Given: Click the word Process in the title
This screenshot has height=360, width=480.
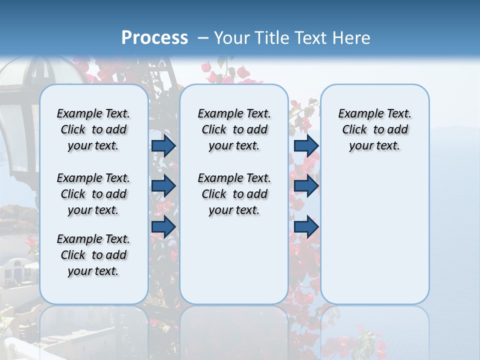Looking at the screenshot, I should [154, 37].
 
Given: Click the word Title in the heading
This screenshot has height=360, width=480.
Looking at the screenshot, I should [273, 38].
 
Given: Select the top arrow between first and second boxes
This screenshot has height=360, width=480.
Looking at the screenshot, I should [163, 146].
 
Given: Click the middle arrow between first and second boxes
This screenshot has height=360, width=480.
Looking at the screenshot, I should [163, 186].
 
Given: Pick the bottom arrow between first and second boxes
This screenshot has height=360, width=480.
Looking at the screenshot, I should [163, 226].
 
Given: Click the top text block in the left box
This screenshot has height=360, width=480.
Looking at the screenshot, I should [93, 129].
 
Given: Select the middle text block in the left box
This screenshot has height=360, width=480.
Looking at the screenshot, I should [93, 194].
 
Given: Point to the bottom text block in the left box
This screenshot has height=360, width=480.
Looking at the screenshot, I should [93, 255].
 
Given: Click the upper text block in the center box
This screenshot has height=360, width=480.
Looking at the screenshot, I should [234, 129].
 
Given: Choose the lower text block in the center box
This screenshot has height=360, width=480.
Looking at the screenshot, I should [234, 194].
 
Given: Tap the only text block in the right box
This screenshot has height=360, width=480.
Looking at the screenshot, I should [374, 129].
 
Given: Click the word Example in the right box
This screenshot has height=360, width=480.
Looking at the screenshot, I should [357, 114].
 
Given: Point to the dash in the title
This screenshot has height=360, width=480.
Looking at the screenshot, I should [203, 38].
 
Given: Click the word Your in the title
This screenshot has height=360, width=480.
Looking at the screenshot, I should [232, 38].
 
